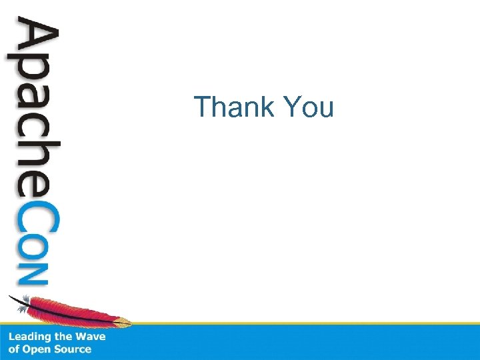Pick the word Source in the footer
coord(73,349)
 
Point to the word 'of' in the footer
coord(14,349)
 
